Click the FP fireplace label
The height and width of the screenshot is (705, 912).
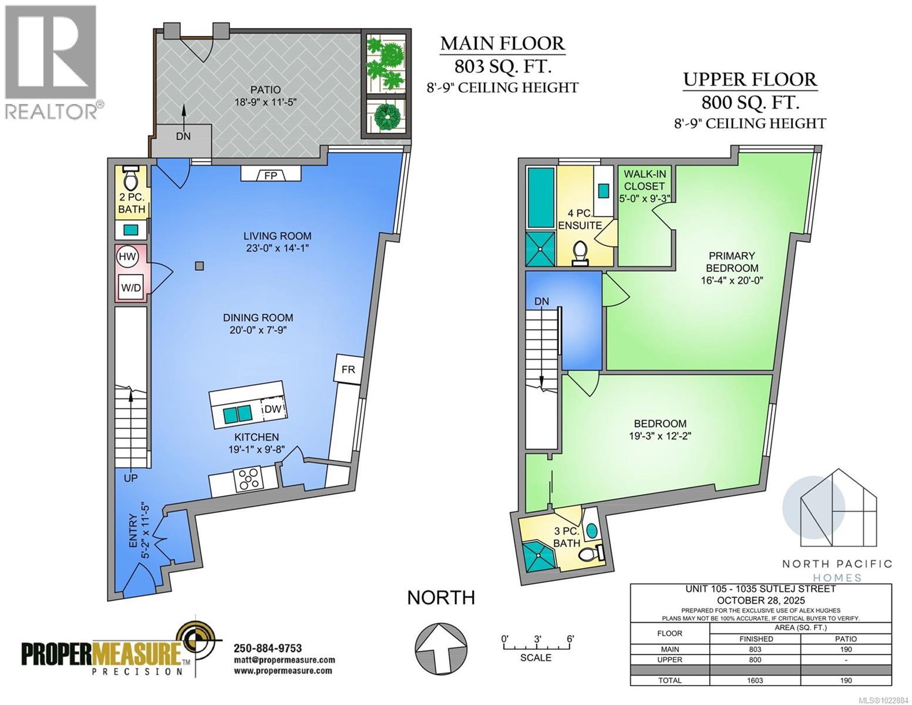tap(271, 176)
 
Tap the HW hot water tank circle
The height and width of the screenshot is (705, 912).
tap(127, 257)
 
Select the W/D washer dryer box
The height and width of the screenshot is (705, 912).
tap(131, 287)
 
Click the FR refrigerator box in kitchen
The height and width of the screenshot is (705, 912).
tap(348, 370)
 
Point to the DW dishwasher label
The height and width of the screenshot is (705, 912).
tap(272, 409)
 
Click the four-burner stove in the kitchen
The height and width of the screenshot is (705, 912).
tap(250, 478)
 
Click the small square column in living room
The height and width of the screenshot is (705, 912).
tap(200, 266)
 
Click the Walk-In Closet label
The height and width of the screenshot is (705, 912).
tap(645, 180)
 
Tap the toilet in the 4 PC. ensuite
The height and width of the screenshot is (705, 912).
tap(580, 253)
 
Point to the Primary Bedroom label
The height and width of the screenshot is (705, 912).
tap(732, 261)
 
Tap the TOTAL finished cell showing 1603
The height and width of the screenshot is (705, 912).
tap(755, 680)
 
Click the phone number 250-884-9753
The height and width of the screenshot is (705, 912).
tap(268, 649)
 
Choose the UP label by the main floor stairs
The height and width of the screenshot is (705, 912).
tap(130, 478)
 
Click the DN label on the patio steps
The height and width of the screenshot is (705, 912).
tap(183, 136)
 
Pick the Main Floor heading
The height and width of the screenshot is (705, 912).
tap(502, 43)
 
